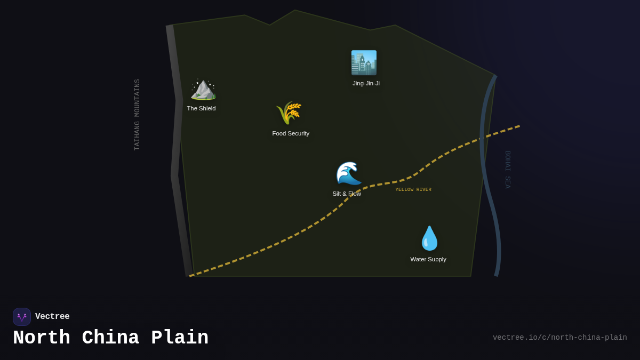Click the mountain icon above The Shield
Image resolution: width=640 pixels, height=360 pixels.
click(203, 89)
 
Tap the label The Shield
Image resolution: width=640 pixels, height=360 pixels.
click(201, 108)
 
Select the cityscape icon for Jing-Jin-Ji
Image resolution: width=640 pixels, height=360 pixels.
click(364, 63)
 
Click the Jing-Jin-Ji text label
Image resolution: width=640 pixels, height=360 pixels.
click(366, 83)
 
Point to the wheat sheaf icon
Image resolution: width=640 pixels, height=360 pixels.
click(289, 113)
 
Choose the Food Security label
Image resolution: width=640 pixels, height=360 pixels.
click(291, 133)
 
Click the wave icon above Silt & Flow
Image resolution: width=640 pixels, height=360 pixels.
click(348, 173)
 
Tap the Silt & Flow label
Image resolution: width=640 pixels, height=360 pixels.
click(347, 194)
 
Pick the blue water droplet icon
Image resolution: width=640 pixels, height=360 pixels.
click(429, 238)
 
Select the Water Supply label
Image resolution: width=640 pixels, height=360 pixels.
click(428, 259)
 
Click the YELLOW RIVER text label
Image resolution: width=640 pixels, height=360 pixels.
click(413, 189)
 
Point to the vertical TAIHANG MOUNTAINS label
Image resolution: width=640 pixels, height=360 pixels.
click(137, 115)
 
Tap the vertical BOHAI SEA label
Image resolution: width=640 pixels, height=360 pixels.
click(508, 170)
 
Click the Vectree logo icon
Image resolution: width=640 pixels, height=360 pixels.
click(22, 317)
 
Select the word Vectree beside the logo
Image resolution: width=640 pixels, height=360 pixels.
click(52, 317)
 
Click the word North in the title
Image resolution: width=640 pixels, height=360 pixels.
click(42, 338)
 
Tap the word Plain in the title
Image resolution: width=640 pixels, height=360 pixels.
click(180, 338)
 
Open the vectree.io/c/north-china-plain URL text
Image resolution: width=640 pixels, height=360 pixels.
click(559, 338)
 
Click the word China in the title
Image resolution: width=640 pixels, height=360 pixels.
click(110, 338)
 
